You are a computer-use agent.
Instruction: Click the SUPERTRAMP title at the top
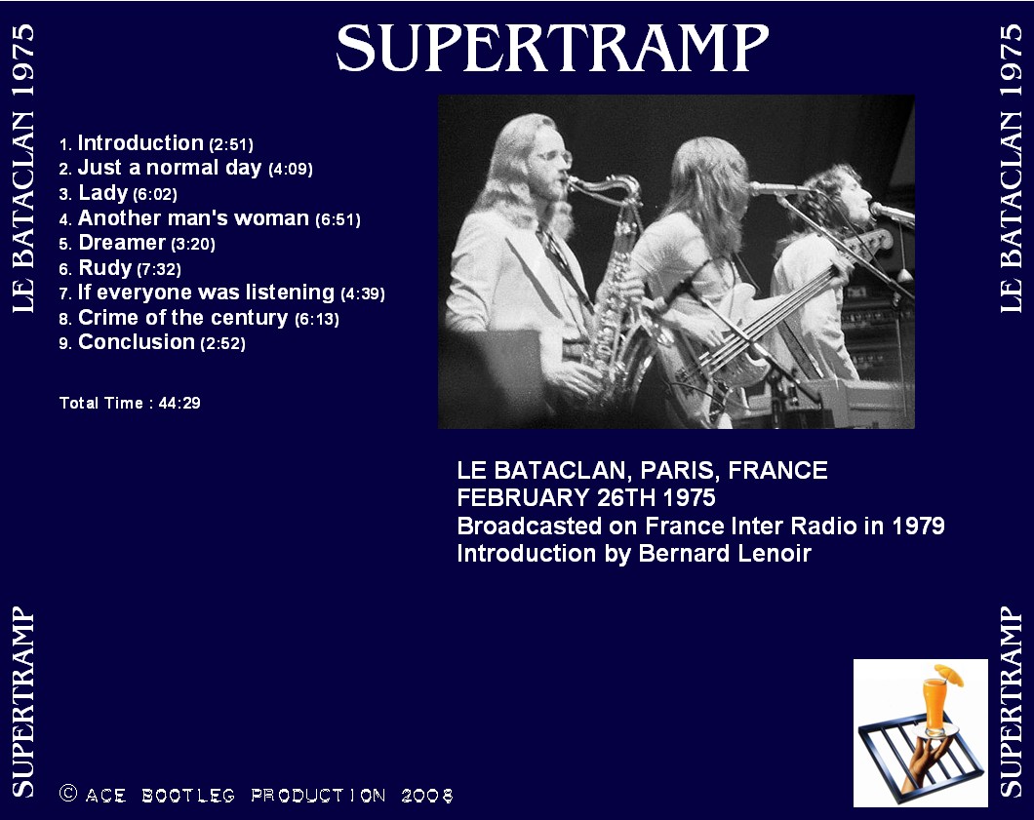click(553, 48)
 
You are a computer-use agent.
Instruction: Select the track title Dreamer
click(121, 243)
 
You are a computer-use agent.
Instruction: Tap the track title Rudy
click(105, 267)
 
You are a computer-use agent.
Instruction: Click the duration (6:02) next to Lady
click(155, 194)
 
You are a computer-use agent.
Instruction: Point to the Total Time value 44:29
click(179, 403)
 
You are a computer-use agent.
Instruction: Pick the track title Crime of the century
click(183, 318)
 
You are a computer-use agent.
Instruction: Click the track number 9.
click(64, 344)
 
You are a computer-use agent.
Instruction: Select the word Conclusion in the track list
click(137, 342)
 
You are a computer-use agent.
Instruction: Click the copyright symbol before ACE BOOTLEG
click(68, 793)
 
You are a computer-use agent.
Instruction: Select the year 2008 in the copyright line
click(427, 796)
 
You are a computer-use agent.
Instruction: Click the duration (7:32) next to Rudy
click(159, 269)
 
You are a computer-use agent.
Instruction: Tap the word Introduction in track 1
click(140, 143)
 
